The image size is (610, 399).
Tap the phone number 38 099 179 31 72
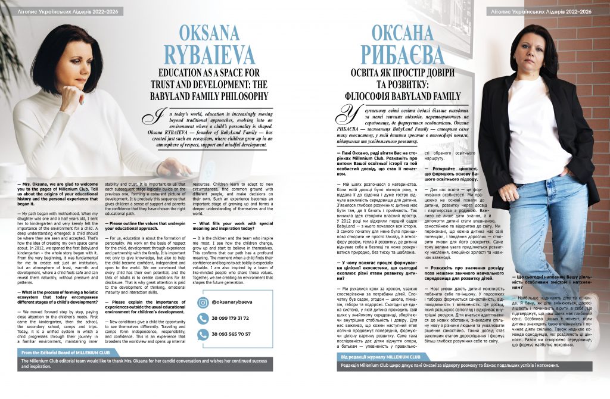(x=232, y=318)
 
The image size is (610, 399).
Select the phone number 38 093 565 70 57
(x=232, y=334)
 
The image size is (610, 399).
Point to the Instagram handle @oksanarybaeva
(x=234, y=302)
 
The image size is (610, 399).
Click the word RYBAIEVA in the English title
(x=217, y=57)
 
